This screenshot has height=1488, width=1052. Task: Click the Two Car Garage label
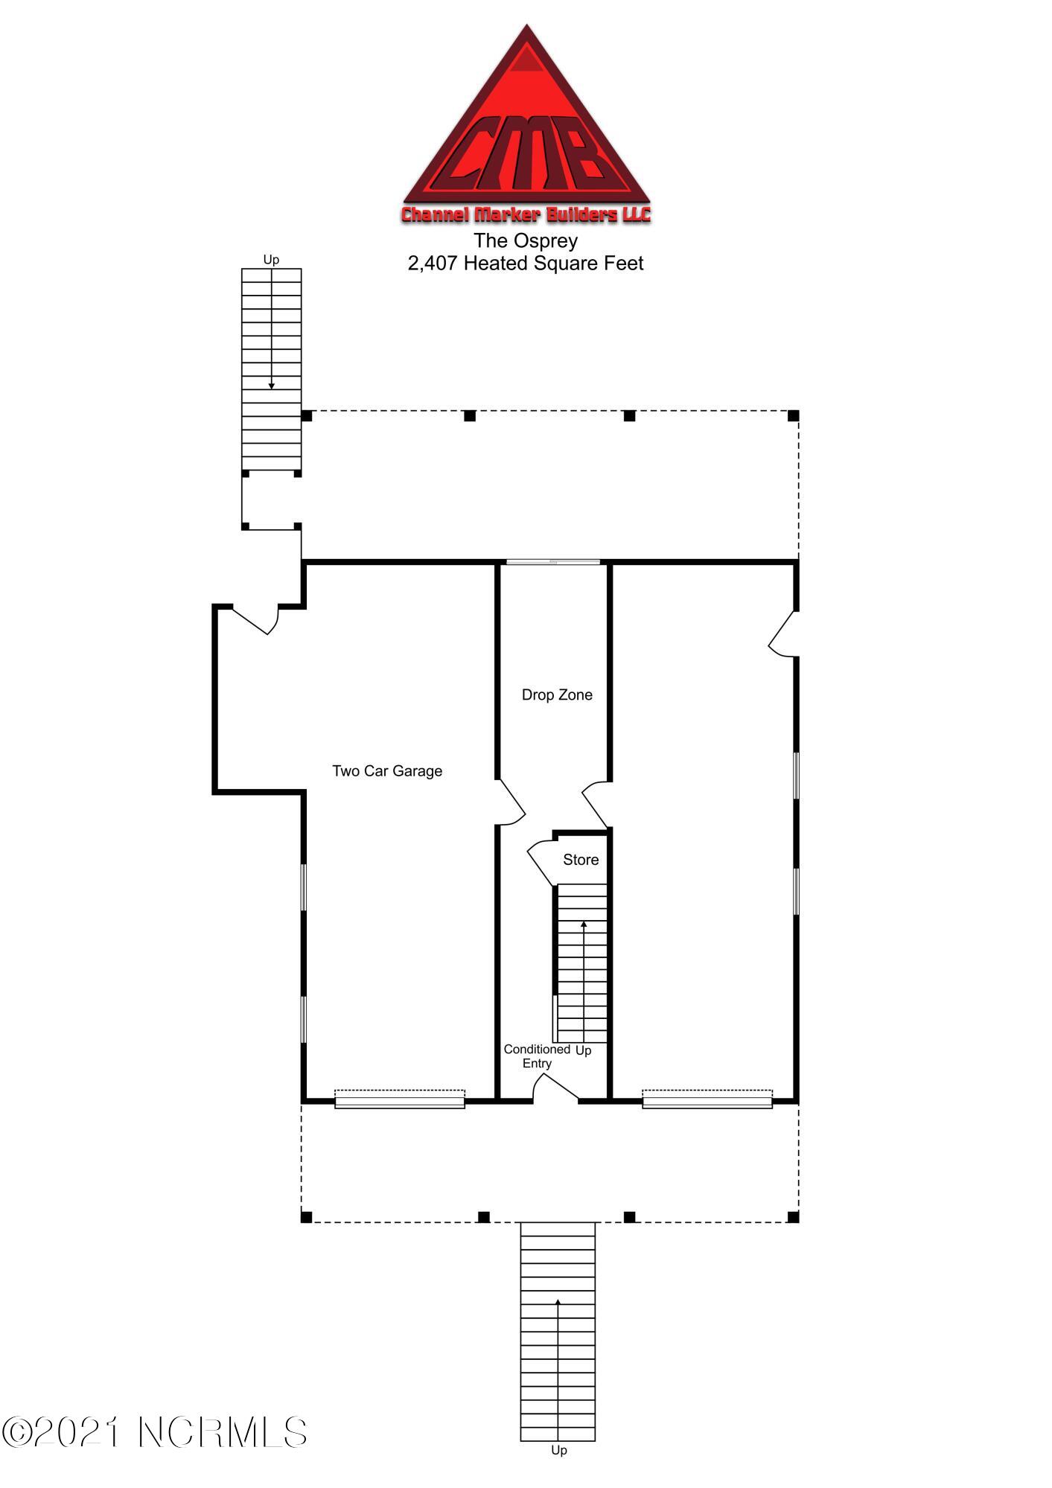click(387, 771)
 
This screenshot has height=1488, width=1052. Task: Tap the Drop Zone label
click(557, 695)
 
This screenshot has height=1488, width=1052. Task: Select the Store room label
click(581, 860)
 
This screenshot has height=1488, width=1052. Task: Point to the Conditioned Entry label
click(537, 1056)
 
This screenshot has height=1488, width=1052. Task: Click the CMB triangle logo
click(526, 124)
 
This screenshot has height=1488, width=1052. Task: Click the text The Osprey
click(526, 240)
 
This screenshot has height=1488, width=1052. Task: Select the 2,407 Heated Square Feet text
click(526, 264)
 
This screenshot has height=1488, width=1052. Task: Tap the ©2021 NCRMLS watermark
click(155, 1431)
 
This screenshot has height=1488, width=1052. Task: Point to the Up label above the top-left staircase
click(271, 260)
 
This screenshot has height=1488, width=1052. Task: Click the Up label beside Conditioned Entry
click(584, 1050)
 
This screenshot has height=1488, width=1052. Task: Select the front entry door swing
click(555, 1088)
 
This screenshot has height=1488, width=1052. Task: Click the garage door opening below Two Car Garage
click(400, 1099)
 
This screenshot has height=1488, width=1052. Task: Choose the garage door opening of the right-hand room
click(707, 1099)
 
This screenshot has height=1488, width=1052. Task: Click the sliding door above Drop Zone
click(553, 562)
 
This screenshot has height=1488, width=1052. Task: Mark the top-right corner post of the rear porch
click(794, 415)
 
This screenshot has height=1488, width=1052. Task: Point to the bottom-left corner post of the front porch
click(306, 1217)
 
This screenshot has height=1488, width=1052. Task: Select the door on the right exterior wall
click(783, 635)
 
